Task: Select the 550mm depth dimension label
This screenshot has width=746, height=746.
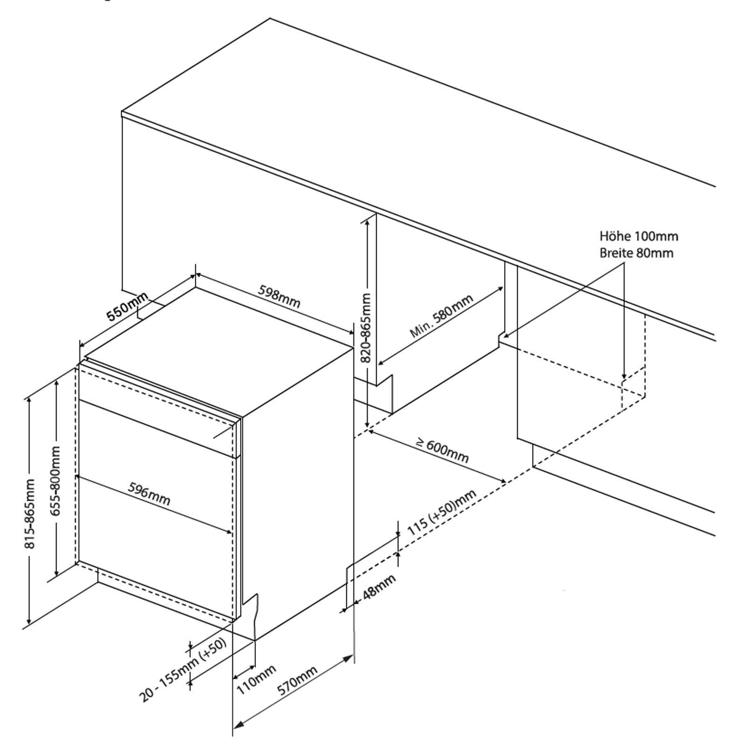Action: tap(127, 306)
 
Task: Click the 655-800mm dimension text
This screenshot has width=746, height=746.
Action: tap(55, 481)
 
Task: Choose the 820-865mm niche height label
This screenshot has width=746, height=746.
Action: tap(366, 328)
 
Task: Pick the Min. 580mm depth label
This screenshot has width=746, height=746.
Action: tap(442, 316)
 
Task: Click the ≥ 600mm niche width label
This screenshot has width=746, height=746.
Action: tap(442, 449)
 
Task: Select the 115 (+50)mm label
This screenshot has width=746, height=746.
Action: tap(442, 512)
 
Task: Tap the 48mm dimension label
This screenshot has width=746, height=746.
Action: tap(379, 586)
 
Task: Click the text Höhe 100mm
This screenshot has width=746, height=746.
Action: tap(639, 236)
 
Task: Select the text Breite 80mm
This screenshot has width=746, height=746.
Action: tap(636, 253)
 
